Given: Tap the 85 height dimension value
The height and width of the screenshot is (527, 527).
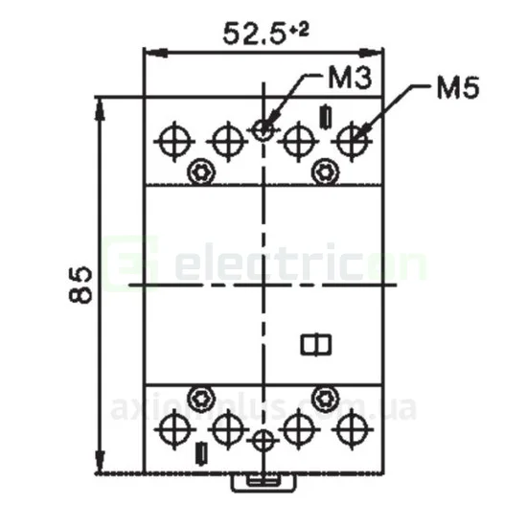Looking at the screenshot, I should coord(83,285).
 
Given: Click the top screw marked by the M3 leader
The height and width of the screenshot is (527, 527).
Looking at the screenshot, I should coord(264,128).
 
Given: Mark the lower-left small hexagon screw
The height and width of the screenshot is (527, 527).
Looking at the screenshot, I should coord(201,397).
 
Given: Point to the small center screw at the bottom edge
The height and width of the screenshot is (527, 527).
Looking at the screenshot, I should coord(264,441).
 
